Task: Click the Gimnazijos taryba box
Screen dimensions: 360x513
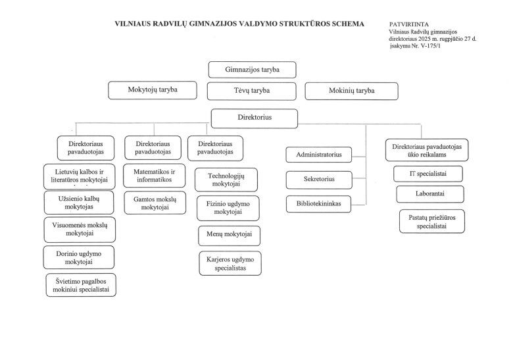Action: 253,70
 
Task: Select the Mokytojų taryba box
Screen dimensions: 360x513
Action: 153,90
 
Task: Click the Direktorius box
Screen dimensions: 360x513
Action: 254,118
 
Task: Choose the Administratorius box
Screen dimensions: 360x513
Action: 319,155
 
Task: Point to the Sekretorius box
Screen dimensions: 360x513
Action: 319,180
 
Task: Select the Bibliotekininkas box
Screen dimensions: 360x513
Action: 319,204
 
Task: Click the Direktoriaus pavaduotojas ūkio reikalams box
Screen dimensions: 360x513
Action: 427,149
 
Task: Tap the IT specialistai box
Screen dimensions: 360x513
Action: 428,174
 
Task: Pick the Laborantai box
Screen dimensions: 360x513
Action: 430,194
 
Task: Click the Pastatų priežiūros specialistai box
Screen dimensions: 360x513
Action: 431,220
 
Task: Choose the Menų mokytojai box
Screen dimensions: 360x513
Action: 229,235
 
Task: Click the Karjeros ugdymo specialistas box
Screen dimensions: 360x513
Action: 230,263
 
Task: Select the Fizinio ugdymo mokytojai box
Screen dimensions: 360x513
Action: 228,207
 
